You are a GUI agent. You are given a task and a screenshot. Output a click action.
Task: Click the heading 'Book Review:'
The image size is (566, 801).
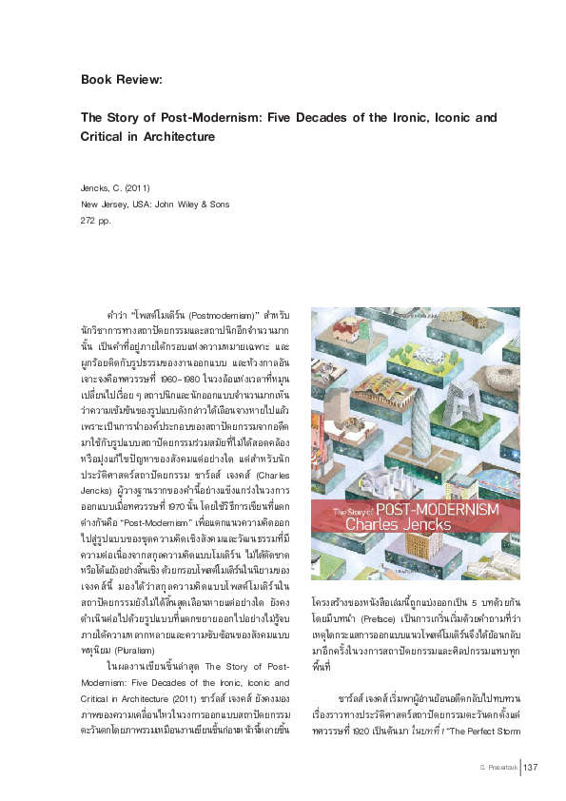122,79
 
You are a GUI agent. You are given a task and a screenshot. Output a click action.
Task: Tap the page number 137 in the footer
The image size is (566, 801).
532,768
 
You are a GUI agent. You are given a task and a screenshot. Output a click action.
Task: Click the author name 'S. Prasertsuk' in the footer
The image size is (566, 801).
494,768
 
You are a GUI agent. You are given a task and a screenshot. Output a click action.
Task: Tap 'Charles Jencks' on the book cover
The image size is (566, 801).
400,524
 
